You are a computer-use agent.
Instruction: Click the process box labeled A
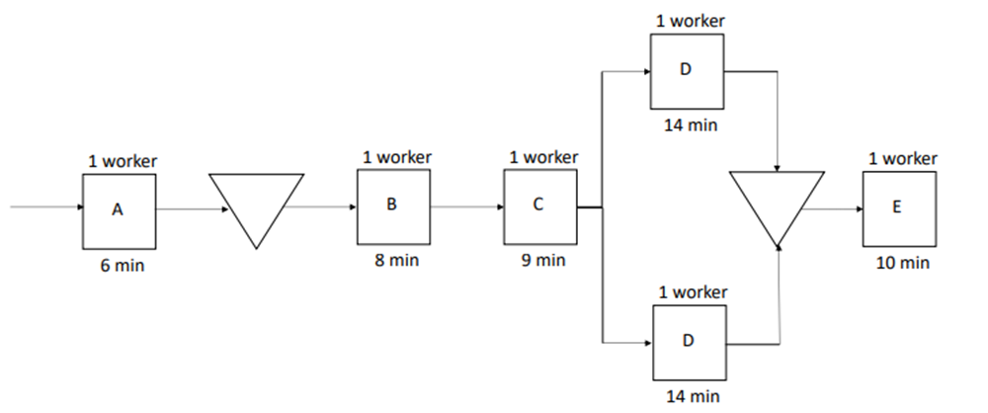click(x=119, y=210)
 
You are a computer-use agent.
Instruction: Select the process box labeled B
click(x=393, y=206)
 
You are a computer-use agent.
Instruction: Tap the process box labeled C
click(x=539, y=206)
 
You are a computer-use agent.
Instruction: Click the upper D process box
click(x=687, y=71)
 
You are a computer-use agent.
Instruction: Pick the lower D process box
click(x=689, y=342)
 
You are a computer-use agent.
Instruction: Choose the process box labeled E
click(x=898, y=209)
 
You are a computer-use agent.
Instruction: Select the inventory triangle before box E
click(x=777, y=202)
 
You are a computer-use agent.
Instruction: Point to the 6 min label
click(x=119, y=267)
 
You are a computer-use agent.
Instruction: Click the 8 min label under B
click(x=394, y=262)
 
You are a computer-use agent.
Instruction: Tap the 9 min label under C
click(x=539, y=262)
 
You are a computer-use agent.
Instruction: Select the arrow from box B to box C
click(x=466, y=208)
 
